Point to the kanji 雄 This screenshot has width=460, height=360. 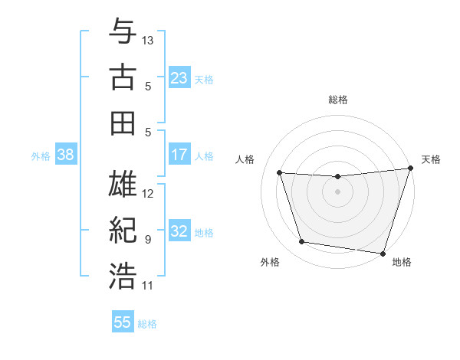tap(123, 185)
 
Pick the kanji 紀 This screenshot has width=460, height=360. tap(123, 231)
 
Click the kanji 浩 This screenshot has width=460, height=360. tap(123, 277)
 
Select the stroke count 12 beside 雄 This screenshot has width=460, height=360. tap(148, 193)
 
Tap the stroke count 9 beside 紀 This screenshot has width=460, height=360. tap(148, 239)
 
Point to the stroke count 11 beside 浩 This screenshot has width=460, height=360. tap(148, 286)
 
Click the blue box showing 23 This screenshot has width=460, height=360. tap(179, 77)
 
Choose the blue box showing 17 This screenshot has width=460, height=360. tap(179, 155)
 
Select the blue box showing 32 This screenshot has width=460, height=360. tap(179, 231)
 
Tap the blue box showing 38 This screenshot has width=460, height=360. tap(66, 155)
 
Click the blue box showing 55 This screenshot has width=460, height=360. tap(123, 322)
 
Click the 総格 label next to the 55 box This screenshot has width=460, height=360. tap(148, 324)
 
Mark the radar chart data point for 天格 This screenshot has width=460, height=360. tap(411, 169)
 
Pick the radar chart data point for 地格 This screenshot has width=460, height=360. tap(383, 253)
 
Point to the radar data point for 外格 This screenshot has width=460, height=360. tap(302, 242)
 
